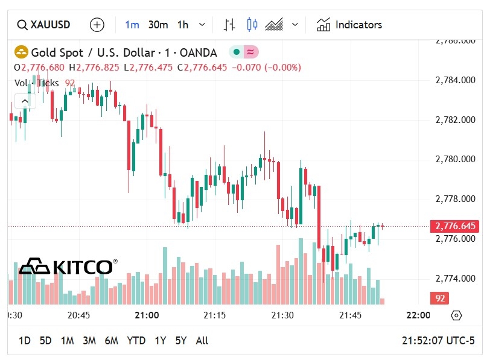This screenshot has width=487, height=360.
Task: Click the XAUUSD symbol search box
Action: pyautogui.click(x=44, y=25)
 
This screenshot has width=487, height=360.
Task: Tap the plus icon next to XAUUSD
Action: pyautogui.click(x=97, y=25)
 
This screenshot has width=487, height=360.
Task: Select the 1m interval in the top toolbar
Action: pyautogui.click(x=132, y=25)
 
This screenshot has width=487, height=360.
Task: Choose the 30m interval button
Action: pyautogui.click(x=158, y=25)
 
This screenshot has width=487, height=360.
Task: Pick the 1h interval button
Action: pyautogui.click(x=183, y=25)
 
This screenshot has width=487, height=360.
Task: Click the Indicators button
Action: pyautogui.click(x=350, y=25)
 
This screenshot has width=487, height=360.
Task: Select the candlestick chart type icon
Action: pyautogui.click(x=252, y=25)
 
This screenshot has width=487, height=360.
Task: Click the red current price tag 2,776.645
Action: pyautogui.click(x=454, y=226)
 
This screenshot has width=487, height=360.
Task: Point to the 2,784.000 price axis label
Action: pyautogui.click(x=456, y=80)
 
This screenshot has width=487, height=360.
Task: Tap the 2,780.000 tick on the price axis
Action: pyautogui.click(x=456, y=159)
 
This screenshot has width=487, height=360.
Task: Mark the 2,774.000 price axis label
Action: pyautogui.click(x=456, y=279)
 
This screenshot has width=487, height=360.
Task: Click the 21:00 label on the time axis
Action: pyautogui.click(x=147, y=315)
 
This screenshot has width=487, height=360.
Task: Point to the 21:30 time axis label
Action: pyautogui.click(x=282, y=315)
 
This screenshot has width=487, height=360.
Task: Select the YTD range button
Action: pyautogui.click(x=136, y=341)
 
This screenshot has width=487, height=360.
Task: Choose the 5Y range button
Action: pyautogui.click(x=181, y=341)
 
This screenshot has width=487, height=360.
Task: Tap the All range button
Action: pyautogui.click(x=202, y=341)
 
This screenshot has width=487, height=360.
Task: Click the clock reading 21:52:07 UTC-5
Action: pyautogui.click(x=438, y=341)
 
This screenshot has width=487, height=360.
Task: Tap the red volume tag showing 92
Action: pyautogui.click(x=439, y=298)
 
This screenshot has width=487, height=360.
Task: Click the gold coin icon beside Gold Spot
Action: pyautogui.click(x=22, y=52)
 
